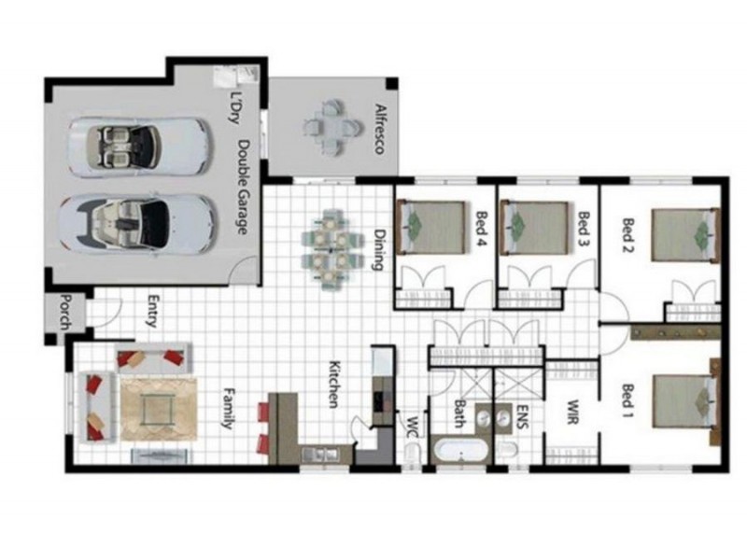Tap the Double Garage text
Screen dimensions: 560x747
[x=243, y=187]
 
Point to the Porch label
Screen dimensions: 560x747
[x=65, y=313]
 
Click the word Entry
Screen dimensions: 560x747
[x=151, y=313]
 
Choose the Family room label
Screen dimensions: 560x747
[x=226, y=409]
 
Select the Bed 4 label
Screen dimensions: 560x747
[x=482, y=230]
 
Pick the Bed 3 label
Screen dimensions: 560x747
[x=584, y=230]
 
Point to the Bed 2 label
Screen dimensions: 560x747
[x=627, y=235]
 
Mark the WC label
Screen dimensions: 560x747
[x=411, y=425]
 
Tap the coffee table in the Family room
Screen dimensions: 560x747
[x=158, y=408]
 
